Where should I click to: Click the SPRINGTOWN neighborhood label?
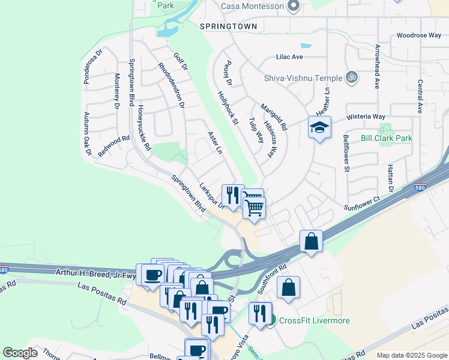tap(228, 26)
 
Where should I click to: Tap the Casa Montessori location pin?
tap(294, 6)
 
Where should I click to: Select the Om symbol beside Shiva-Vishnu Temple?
tap(352, 77)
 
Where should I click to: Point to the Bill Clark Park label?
tap(387, 138)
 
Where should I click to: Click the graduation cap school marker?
tap(320, 127)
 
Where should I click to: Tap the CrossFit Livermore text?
tap(315, 320)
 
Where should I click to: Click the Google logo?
tap(20, 353)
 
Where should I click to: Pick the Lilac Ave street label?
tap(289, 57)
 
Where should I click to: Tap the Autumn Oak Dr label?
tap(88, 134)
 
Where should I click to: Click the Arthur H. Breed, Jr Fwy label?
tap(94, 272)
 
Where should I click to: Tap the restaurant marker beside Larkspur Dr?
tap(232, 194)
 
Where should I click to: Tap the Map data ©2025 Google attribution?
tap(411, 355)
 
